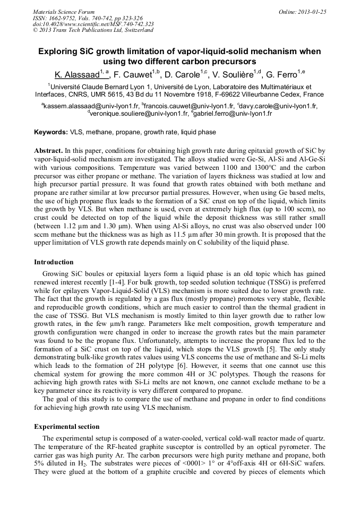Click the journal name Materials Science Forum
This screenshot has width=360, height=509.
64,12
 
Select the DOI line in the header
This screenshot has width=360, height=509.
93,24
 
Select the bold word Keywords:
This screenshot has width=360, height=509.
51,132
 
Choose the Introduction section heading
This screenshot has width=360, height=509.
54,262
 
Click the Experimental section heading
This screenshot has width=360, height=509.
66,427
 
